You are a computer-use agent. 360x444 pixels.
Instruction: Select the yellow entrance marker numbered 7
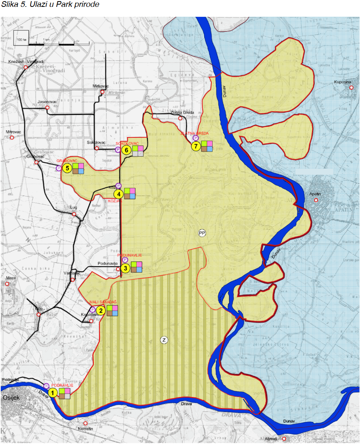point(196,146)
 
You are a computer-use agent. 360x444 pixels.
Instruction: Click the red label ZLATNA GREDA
point(194,133)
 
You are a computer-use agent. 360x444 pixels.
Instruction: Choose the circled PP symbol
point(202,233)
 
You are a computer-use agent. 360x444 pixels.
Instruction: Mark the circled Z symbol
point(164,340)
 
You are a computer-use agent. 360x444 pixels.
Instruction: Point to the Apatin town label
point(315,194)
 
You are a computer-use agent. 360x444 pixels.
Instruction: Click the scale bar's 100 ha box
point(21,40)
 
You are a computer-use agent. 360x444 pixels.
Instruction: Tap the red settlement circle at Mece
point(8,284)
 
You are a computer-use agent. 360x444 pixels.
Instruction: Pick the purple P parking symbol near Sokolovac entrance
point(118,150)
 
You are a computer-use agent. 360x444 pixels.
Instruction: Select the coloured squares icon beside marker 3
point(136,267)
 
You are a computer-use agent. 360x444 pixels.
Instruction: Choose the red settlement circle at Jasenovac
point(47,108)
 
